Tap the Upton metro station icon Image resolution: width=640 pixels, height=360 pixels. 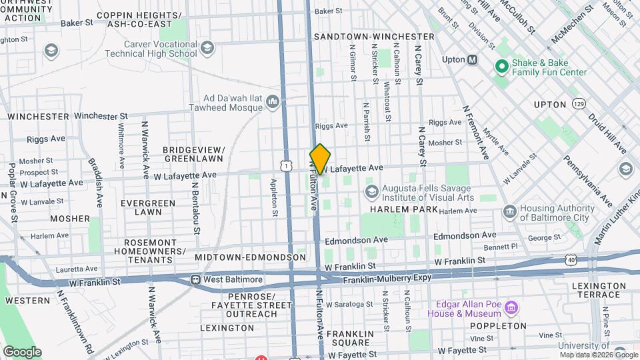(473, 59)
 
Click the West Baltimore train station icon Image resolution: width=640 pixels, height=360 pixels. (195, 279)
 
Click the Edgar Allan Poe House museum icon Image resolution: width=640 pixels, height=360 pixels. (511, 308)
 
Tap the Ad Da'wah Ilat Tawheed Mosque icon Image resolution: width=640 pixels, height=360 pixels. (272, 101)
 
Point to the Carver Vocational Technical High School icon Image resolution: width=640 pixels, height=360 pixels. (207, 47)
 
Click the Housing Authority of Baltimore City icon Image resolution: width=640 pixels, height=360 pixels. (510, 212)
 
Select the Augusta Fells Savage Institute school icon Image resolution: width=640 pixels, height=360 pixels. (371, 192)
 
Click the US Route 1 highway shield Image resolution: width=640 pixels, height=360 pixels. (286, 164)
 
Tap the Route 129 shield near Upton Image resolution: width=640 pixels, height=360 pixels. (579, 105)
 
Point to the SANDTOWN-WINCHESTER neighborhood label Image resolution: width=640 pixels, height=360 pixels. (374, 36)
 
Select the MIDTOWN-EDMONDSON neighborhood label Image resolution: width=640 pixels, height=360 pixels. (250, 257)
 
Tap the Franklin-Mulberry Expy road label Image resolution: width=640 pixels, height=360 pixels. (387, 278)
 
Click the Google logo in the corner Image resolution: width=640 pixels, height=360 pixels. (22, 351)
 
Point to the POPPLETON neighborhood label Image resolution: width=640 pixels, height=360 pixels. (498, 326)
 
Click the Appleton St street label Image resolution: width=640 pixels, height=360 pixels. (273, 197)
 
